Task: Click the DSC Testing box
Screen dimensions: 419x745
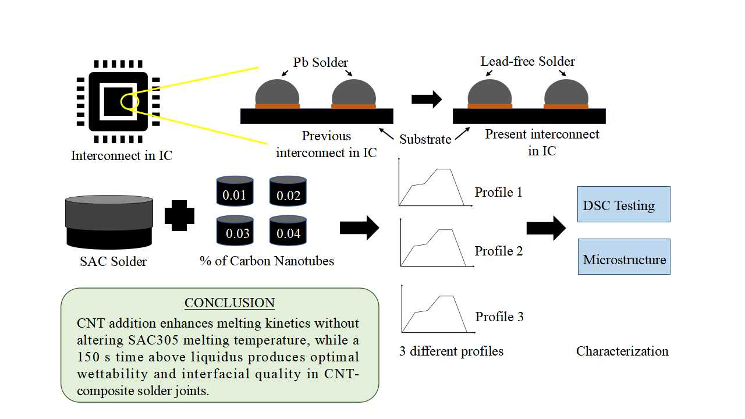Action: pos(623,204)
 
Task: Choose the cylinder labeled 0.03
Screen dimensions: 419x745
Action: pos(235,231)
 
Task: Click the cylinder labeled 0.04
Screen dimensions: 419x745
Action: pos(288,231)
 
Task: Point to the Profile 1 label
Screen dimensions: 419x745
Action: pos(498,192)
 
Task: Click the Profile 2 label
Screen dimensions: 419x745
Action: pos(499,251)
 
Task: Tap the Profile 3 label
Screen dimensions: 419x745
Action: pos(499,317)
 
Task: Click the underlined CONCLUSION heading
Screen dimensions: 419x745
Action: pos(229,303)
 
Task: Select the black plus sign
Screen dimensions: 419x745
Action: pos(182,215)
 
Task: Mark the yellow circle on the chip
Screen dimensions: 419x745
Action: pos(129,102)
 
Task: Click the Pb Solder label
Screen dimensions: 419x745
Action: pos(321,62)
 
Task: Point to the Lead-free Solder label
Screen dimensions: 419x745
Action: pos(527,61)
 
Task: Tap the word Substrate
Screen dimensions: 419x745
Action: pos(425,140)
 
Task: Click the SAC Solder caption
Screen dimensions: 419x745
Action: pos(113,261)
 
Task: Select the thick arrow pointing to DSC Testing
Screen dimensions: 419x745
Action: pos(545,228)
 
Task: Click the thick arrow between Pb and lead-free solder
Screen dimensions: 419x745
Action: pos(426,99)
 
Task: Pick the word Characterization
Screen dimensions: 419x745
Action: pos(622,351)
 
